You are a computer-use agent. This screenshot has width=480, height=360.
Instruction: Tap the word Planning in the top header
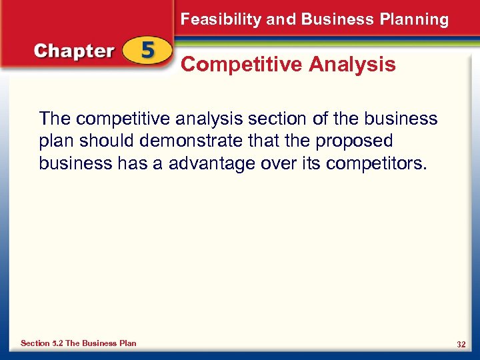pos(417,20)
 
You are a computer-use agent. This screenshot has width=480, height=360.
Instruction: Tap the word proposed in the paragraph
pos(355,141)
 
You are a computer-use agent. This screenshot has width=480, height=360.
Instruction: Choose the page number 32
pos(461,344)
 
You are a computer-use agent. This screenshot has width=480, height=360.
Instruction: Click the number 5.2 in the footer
pos(57,343)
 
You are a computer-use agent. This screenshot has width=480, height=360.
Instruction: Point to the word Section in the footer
pos(35,343)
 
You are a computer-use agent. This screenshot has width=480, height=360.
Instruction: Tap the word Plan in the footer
pos(127,343)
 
